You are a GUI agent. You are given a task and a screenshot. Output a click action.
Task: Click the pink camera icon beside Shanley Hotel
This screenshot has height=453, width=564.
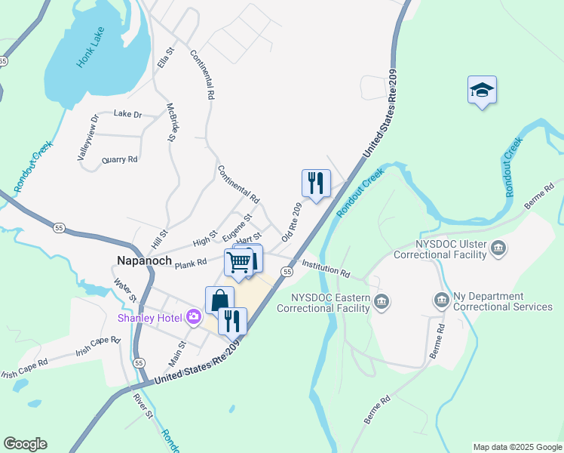pos(194,316)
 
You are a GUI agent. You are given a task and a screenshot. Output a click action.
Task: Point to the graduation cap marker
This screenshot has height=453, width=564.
pos(482,91)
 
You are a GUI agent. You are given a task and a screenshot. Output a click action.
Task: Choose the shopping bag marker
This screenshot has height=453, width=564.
pos(219,299)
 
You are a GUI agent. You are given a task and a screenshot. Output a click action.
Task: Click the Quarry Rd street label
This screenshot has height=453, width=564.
pos(120,159)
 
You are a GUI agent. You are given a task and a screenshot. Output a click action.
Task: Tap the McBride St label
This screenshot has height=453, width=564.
pos(170,122)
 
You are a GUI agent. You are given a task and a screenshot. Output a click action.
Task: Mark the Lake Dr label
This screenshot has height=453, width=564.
pos(127,114)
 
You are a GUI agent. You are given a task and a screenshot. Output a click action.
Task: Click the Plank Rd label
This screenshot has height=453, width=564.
pos(191,263)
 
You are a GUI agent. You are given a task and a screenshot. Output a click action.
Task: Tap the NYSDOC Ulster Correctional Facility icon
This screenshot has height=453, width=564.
pos(498,248)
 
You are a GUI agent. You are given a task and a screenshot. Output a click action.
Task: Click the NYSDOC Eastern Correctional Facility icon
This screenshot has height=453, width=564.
pos(382,301)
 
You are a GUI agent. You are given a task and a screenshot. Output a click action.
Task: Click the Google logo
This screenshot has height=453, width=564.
pos(25,444)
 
